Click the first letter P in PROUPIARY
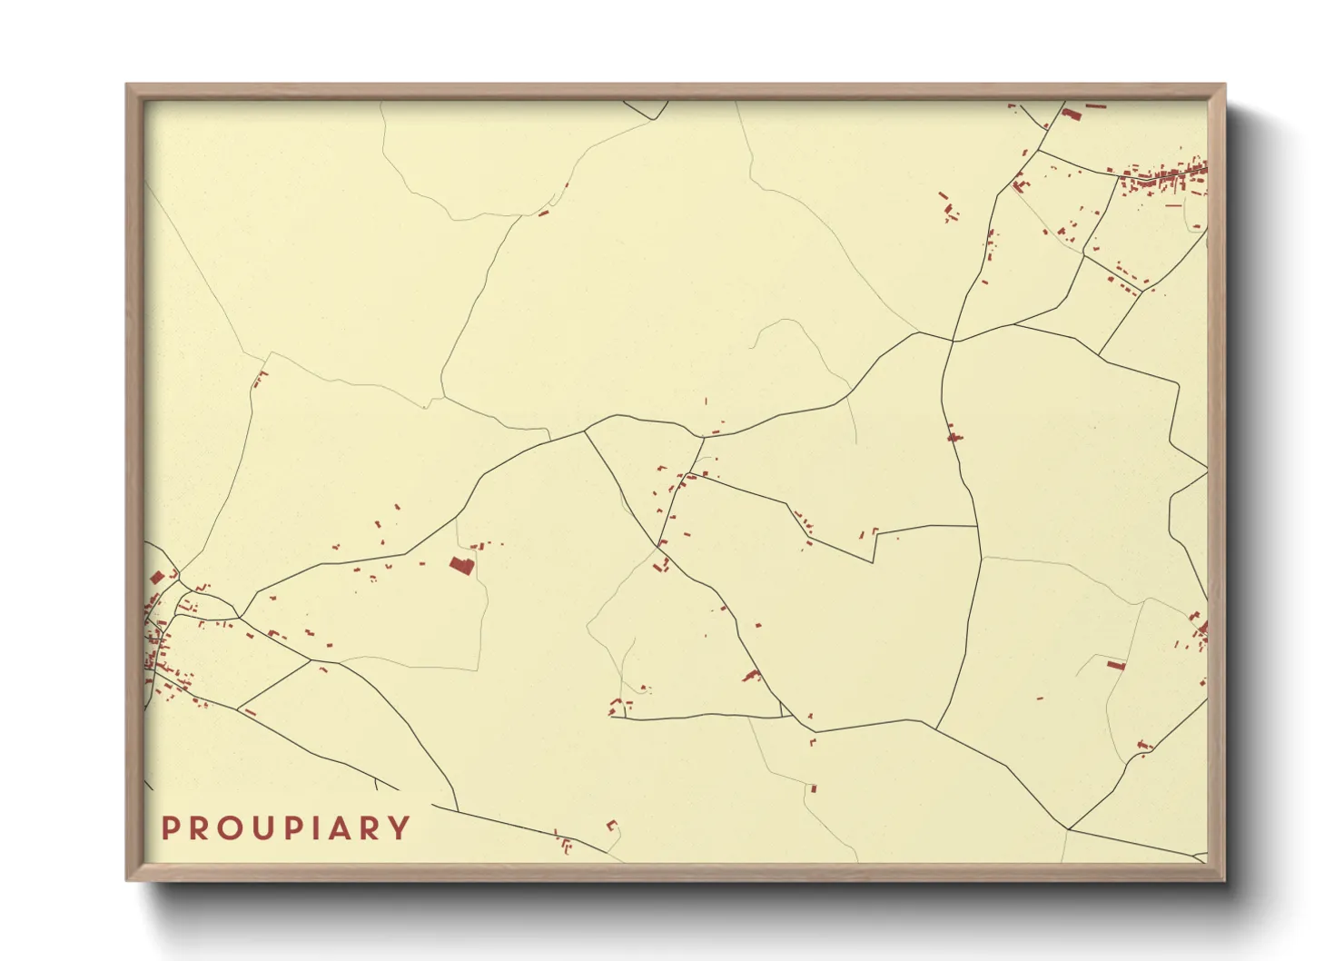tap(169, 828)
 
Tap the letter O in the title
tap(231, 828)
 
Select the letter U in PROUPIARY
tap(265, 828)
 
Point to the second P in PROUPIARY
tap(297, 828)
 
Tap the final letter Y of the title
tap(399, 828)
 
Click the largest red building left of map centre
tap(461, 566)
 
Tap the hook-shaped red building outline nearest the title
tap(612, 826)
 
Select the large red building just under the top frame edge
tap(1072, 114)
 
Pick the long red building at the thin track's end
tap(1116, 665)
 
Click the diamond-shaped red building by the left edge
tap(156, 577)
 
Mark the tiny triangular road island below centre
tap(786, 714)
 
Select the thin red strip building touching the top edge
tap(1096, 106)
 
